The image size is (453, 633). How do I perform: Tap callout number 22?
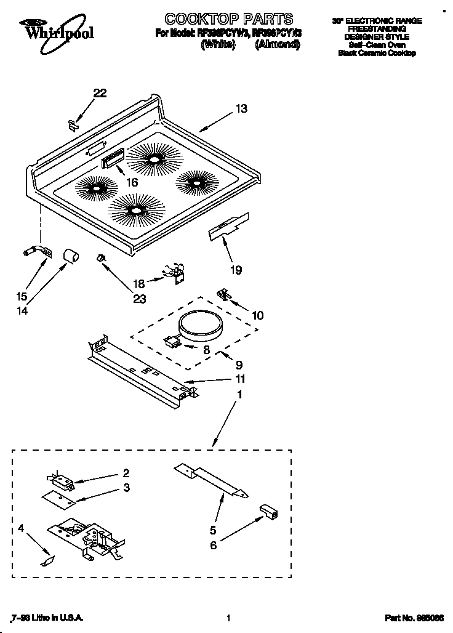coord(100,93)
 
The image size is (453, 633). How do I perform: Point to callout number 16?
coord(132,182)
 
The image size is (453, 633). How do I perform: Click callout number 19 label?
coord(236,270)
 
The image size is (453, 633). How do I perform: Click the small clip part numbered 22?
coord(73,124)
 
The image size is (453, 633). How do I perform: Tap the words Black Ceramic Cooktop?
coord(377,54)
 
